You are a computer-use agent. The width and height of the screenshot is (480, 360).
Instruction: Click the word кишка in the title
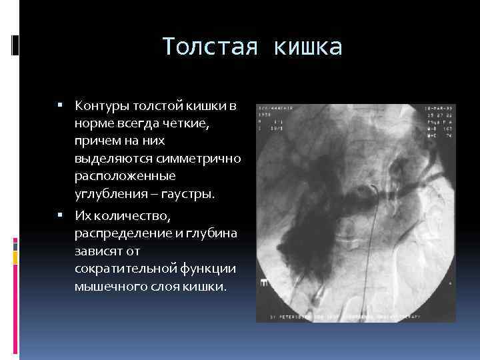[307, 47]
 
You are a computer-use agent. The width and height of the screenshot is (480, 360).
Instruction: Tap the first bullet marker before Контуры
[60, 105]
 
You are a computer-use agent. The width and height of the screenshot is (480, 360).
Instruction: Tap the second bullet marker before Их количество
[60, 215]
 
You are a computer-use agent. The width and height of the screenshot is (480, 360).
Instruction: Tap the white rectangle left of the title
[17, 45]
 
